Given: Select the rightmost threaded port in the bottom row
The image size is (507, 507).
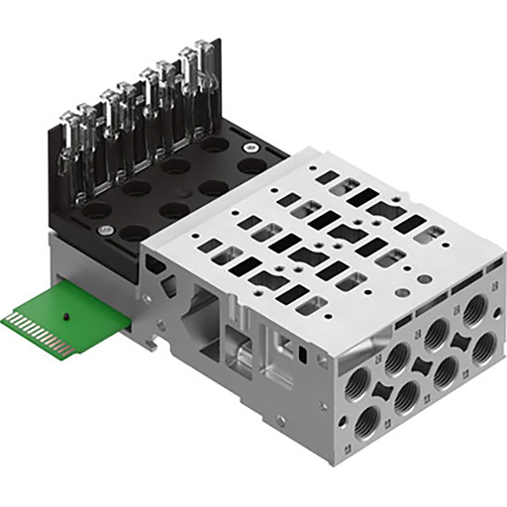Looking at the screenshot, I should click(x=484, y=347).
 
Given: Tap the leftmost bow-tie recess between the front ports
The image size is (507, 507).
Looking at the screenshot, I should click(x=380, y=384).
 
